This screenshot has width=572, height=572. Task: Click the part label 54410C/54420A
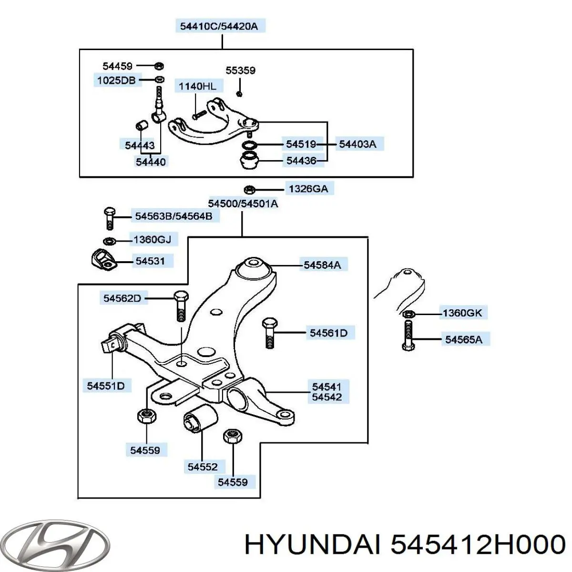coord(219,26)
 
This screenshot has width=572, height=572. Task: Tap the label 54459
coord(118,66)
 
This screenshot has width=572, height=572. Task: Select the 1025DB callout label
coord(116,80)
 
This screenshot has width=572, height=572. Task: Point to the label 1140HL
coord(197,86)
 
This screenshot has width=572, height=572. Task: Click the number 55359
coord(240,71)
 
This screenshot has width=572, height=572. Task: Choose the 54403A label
coord(357,144)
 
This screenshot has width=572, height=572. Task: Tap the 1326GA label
coord(308,189)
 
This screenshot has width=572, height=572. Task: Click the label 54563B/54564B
coord(174,216)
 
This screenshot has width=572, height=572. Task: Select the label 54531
coord(150,261)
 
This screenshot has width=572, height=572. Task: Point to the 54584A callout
coord(322,265)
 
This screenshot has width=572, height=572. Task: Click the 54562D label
coord(122,298)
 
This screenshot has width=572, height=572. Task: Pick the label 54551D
coord(106,386)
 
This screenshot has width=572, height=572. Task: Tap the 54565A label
coord(464,339)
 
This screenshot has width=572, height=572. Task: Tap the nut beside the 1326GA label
coord(249,189)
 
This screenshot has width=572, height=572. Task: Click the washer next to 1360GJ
coord(109,241)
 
